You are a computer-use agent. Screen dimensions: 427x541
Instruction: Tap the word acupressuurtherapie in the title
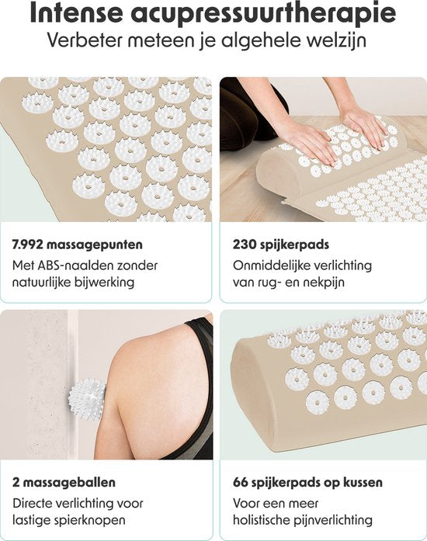click(x=263, y=15)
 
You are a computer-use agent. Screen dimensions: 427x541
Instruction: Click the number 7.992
click(x=27, y=244)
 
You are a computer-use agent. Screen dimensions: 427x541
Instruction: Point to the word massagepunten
click(x=94, y=245)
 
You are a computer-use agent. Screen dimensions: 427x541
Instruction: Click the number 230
click(x=245, y=244)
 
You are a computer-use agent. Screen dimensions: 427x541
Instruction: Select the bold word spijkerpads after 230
click(x=294, y=245)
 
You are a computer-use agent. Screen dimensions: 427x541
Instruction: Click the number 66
click(x=240, y=482)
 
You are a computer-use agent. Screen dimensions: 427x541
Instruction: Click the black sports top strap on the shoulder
click(x=199, y=336)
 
